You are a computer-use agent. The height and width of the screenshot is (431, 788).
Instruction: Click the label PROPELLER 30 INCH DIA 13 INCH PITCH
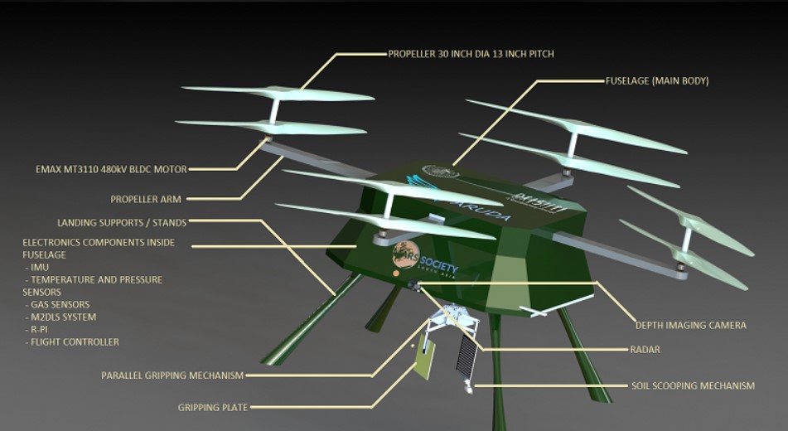pyautogui.click(x=471, y=54)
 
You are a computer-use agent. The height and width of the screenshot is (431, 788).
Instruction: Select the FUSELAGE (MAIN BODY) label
pyautogui.click(x=657, y=81)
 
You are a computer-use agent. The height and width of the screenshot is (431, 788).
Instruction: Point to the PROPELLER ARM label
pyautogui.click(x=146, y=200)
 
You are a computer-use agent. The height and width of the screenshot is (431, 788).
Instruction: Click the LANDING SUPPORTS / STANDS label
pyautogui.click(x=122, y=222)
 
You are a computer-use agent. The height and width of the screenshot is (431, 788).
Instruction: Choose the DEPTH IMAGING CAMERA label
pyautogui.click(x=690, y=326)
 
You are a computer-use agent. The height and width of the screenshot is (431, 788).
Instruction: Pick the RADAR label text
pyautogui.click(x=645, y=350)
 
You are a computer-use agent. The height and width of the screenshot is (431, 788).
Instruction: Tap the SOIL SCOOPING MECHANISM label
pyautogui.click(x=693, y=385)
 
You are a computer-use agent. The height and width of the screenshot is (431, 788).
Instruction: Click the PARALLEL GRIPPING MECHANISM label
pyautogui.click(x=172, y=375)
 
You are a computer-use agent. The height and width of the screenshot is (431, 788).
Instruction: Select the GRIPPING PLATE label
pyautogui.click(x=213, y=407)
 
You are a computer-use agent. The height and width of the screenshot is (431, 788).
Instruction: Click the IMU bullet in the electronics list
pyautogui.click(x=38, y=268)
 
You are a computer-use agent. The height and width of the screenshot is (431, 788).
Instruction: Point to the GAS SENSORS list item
pyautogui.click(x=58, y=305)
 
